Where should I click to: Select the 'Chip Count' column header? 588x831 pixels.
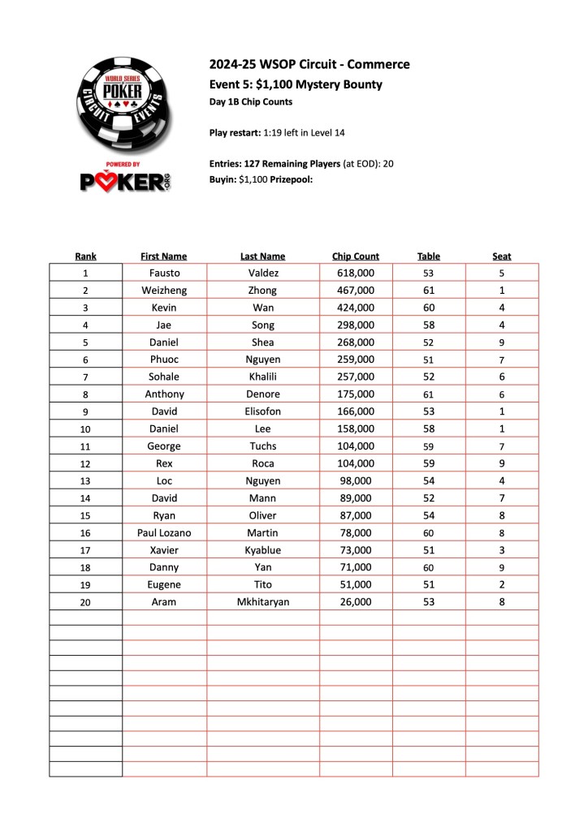pos(356,256)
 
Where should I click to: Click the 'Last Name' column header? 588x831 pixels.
pos(263,256)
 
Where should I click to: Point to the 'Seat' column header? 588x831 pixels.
pos(502,256)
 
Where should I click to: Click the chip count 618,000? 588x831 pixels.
pos(356,273)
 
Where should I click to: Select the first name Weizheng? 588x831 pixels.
pos(165,291)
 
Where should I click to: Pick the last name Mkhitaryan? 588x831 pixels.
pos(263,602)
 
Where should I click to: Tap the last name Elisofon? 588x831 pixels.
pos(263,411)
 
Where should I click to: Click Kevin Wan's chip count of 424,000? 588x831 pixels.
pos(356,308)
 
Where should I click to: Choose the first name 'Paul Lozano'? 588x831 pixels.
pos(165,532)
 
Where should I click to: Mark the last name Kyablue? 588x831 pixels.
pos(263,550)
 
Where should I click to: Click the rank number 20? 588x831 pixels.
pos(85,603)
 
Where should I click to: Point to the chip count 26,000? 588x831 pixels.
pos(356,602)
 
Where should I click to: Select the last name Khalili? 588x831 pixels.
pos(263,377)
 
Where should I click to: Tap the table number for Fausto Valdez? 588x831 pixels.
pos(429,274)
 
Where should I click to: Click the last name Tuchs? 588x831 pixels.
pos(263,446)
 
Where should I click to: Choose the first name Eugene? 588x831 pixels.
pos(165,584)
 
